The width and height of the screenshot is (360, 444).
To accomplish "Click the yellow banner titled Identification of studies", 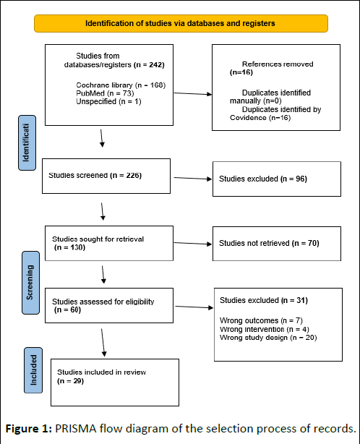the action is click(x=181, y=24).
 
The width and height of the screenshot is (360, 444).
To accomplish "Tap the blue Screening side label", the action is click(x=30, y=283).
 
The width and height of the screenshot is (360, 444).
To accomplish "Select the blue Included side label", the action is click(x=33, y=370).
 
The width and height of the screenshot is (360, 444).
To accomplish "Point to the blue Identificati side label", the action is click(x=27, y=142).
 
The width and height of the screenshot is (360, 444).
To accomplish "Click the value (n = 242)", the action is click(x=149, y=65).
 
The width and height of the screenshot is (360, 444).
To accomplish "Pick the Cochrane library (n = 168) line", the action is click(x=121, y=85).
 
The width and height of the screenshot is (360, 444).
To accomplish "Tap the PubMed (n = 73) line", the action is click(x=105, y=93).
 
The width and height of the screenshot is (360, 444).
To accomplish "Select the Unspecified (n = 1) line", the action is click(x=108, y=101).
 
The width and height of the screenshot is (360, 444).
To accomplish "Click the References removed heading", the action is click(x=278, y=64).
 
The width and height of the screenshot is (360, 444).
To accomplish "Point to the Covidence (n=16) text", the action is click(x=260, y=118).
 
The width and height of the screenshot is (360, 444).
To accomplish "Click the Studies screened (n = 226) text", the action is click(x=95, y=175).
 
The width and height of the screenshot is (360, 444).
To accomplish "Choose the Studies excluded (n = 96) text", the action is click(x=263, y=179).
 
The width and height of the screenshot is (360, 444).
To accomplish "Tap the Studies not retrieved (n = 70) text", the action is click(x=269, y=243).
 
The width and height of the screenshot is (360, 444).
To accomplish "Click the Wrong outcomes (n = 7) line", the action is click(x=261, y=320).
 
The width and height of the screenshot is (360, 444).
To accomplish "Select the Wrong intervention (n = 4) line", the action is click(x=265, y=329).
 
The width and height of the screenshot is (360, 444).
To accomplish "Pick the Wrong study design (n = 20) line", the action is click(x=268, y=338).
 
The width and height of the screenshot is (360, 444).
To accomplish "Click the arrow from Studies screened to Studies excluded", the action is click(x=193, y=179).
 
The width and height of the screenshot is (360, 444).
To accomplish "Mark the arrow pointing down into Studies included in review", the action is click(x=103, y=343).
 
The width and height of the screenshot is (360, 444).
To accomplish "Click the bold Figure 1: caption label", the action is click(x=29, y=429).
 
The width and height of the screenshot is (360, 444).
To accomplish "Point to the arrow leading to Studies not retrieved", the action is click(x=193, y=243).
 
